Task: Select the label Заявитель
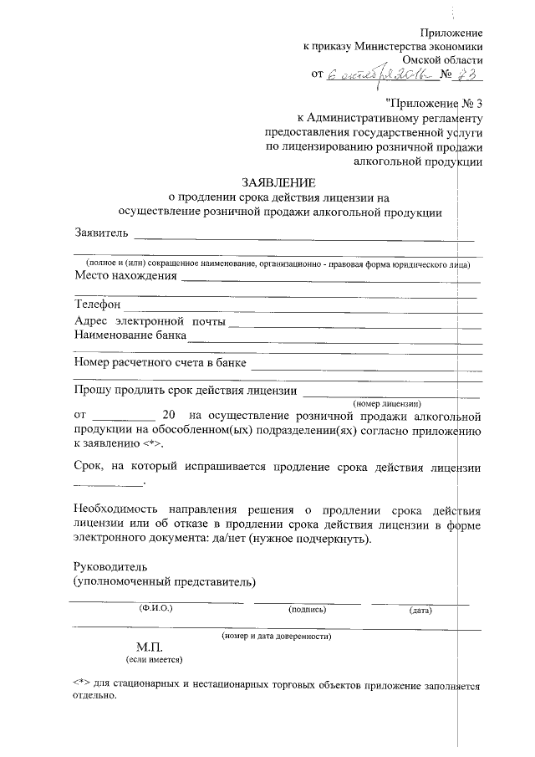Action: click(101, 232)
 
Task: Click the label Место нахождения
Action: click(125, 276)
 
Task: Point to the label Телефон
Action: click(98, 305)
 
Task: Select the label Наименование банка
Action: click(130, 336)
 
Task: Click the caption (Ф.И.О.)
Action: click(155, 609)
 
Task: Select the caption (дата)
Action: click(420, 610)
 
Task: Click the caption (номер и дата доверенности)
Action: click(277, 636)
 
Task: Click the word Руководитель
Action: click(109, 565)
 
